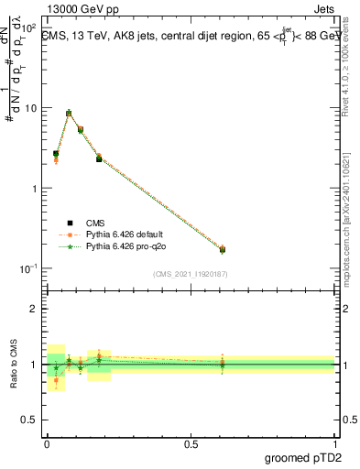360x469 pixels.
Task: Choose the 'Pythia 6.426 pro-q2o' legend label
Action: point(126,247)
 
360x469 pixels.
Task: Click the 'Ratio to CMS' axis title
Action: point(13,364)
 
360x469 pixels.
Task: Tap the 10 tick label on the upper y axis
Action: point(31,108)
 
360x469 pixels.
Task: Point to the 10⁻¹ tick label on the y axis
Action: point(29,268)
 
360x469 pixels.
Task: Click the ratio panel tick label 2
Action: point(36,309)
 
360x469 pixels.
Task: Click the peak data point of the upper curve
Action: point(69,113)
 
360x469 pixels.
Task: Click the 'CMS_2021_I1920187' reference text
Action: point(191,274)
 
